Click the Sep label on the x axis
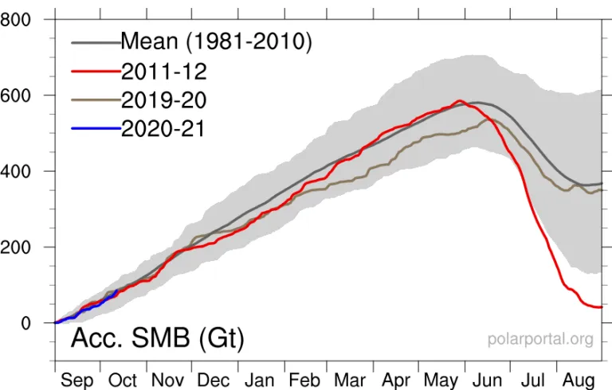pyautogui.click(x=77, y=380)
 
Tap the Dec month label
pyautogui.click(x=214, y=380)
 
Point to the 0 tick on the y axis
pyautogui.click(x=26, y=323)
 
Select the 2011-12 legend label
pyautogui.click(x=164, y=71)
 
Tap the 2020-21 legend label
pyautogui.click(x=164, y=128)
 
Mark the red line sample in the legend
pyautogui.click(x=96, y=71)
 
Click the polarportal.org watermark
pyautogui.click(x=540, y=339)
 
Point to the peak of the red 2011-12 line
pyautogui.click(x=459, y=100)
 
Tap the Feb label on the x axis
pyautogui.click(x=304, y=380)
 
